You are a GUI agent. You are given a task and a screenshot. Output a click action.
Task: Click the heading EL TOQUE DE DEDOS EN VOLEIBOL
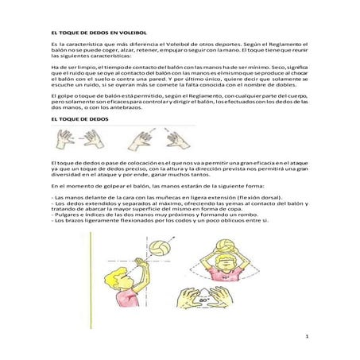(93, 30)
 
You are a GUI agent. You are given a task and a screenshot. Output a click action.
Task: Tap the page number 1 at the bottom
(306, 338)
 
